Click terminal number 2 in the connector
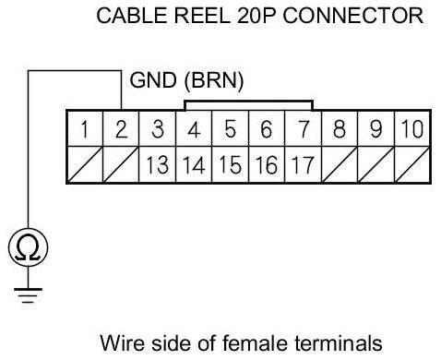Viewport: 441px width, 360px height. click(121, 128)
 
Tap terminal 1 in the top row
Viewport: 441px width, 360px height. click(85, 128)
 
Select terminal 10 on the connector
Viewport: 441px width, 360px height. click(412, 128)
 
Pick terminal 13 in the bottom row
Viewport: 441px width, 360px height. click(157, 164)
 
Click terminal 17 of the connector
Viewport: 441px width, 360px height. click(303, 164)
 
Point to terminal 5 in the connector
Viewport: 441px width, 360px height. click(230, 128)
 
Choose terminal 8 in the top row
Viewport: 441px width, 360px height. click(340, 128)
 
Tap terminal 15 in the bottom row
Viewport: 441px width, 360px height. click(230, 164)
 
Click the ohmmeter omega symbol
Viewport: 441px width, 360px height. click(28, 247)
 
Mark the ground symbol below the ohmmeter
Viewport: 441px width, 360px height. click(28, 295)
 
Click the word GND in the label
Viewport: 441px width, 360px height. click(153, 80)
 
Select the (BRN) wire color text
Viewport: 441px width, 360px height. click(214, 80)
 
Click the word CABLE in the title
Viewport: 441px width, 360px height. click(132, 16)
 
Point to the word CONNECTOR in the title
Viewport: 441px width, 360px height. click(353, 16)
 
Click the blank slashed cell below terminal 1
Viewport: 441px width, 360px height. click(85, 164)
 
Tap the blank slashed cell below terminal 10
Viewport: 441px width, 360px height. click(412, 164)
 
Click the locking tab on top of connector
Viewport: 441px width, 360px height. click(248, 102)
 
